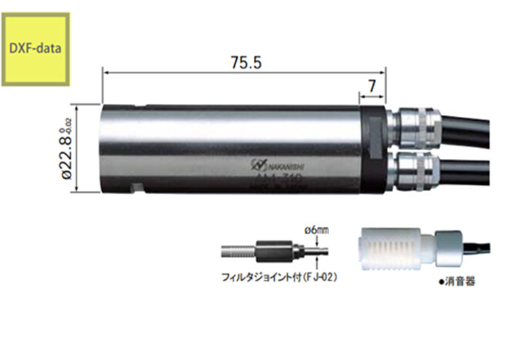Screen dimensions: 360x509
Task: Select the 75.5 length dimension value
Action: pos(241,62)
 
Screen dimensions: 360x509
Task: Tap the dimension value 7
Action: pos(373,87)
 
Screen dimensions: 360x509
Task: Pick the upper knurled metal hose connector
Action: pos(415,128)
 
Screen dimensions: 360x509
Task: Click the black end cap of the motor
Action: pos(373,149)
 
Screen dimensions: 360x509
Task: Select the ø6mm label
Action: pos(317,230)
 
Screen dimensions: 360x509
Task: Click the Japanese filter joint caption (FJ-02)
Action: pos(280,278)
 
